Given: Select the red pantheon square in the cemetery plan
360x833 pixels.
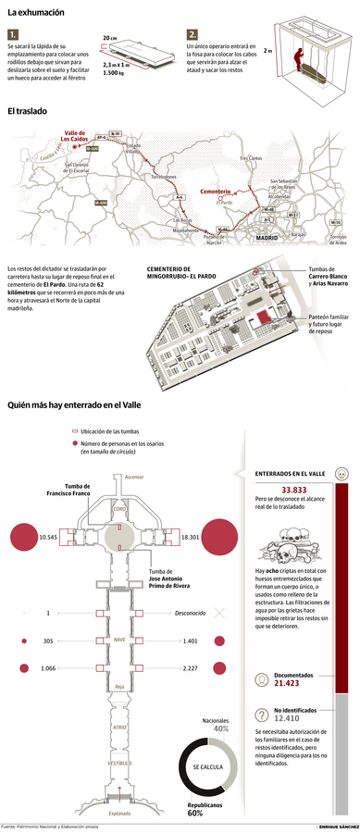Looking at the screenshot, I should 263,316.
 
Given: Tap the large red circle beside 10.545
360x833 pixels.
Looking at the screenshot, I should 21,537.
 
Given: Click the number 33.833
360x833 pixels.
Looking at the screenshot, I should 294,489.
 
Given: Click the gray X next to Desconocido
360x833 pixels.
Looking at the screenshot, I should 219,613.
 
